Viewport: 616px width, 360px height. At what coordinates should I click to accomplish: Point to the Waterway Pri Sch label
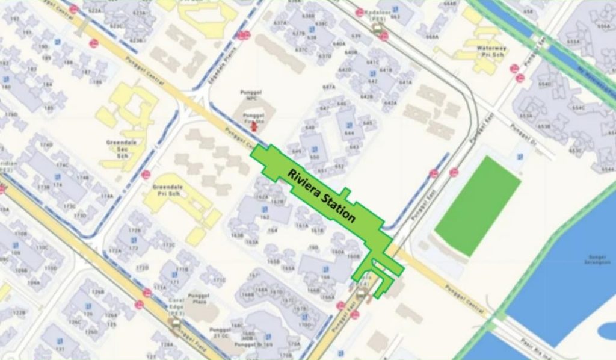coord(491,51)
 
